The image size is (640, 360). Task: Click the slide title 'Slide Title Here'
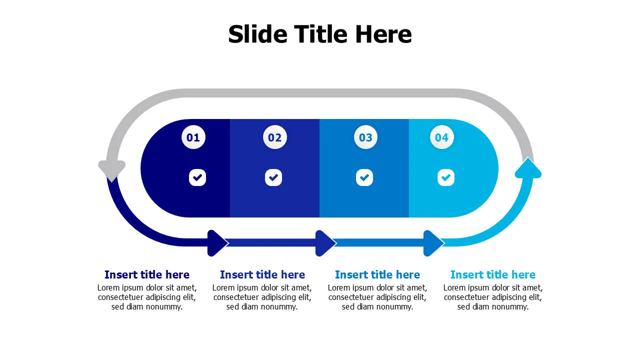(320, 34)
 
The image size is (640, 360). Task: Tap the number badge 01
(193, 137)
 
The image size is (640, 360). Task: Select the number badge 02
(275, 137)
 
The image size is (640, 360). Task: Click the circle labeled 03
(365, 137)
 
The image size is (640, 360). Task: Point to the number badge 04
(441, 137)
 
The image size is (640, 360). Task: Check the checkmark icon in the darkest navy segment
(197, 177)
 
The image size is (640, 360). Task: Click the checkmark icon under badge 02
(273, 177)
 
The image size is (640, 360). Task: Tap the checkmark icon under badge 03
(364, 177)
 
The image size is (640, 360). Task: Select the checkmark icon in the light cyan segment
(446, 177)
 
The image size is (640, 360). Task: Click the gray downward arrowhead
(111, 170)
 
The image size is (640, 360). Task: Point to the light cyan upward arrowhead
(528, 168)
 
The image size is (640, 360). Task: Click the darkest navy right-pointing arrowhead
(217, 243)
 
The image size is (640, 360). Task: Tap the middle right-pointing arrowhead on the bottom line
(325, 243)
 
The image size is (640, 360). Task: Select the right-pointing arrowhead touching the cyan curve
(433, 243)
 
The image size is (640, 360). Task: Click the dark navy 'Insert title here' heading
(147, 274)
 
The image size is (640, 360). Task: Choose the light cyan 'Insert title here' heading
(493, 274)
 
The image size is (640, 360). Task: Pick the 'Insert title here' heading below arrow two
(262, 274)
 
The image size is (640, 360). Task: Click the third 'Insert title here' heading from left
(377, 274)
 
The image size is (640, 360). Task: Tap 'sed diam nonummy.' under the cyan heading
(493, 307)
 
